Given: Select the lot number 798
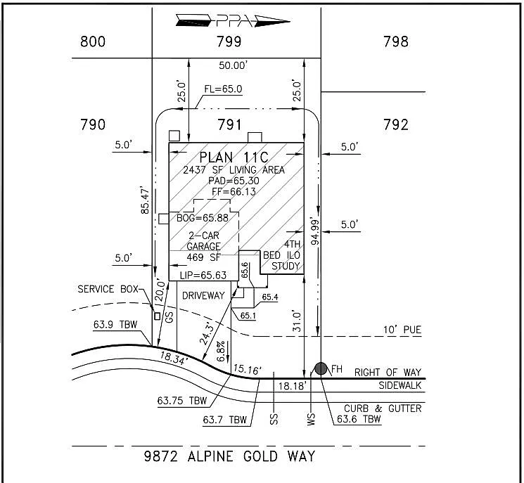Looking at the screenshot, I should [x=396, y=41].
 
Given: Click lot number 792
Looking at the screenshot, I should [x=396, y=124].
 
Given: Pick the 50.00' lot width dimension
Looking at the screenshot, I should [x=233, y=65].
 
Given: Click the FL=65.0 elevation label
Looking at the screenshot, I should [x=223, y=89].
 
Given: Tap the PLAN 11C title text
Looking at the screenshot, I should [x=235, y=157].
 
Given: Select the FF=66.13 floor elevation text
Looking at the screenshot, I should [x=235, y=191].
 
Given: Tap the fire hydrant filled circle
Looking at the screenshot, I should [x=321, y=368].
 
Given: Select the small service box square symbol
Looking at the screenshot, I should [x=157, y=316].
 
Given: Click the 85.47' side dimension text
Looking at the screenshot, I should [x=145, y=200].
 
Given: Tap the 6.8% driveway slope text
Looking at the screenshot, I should [x=220, y=349].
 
